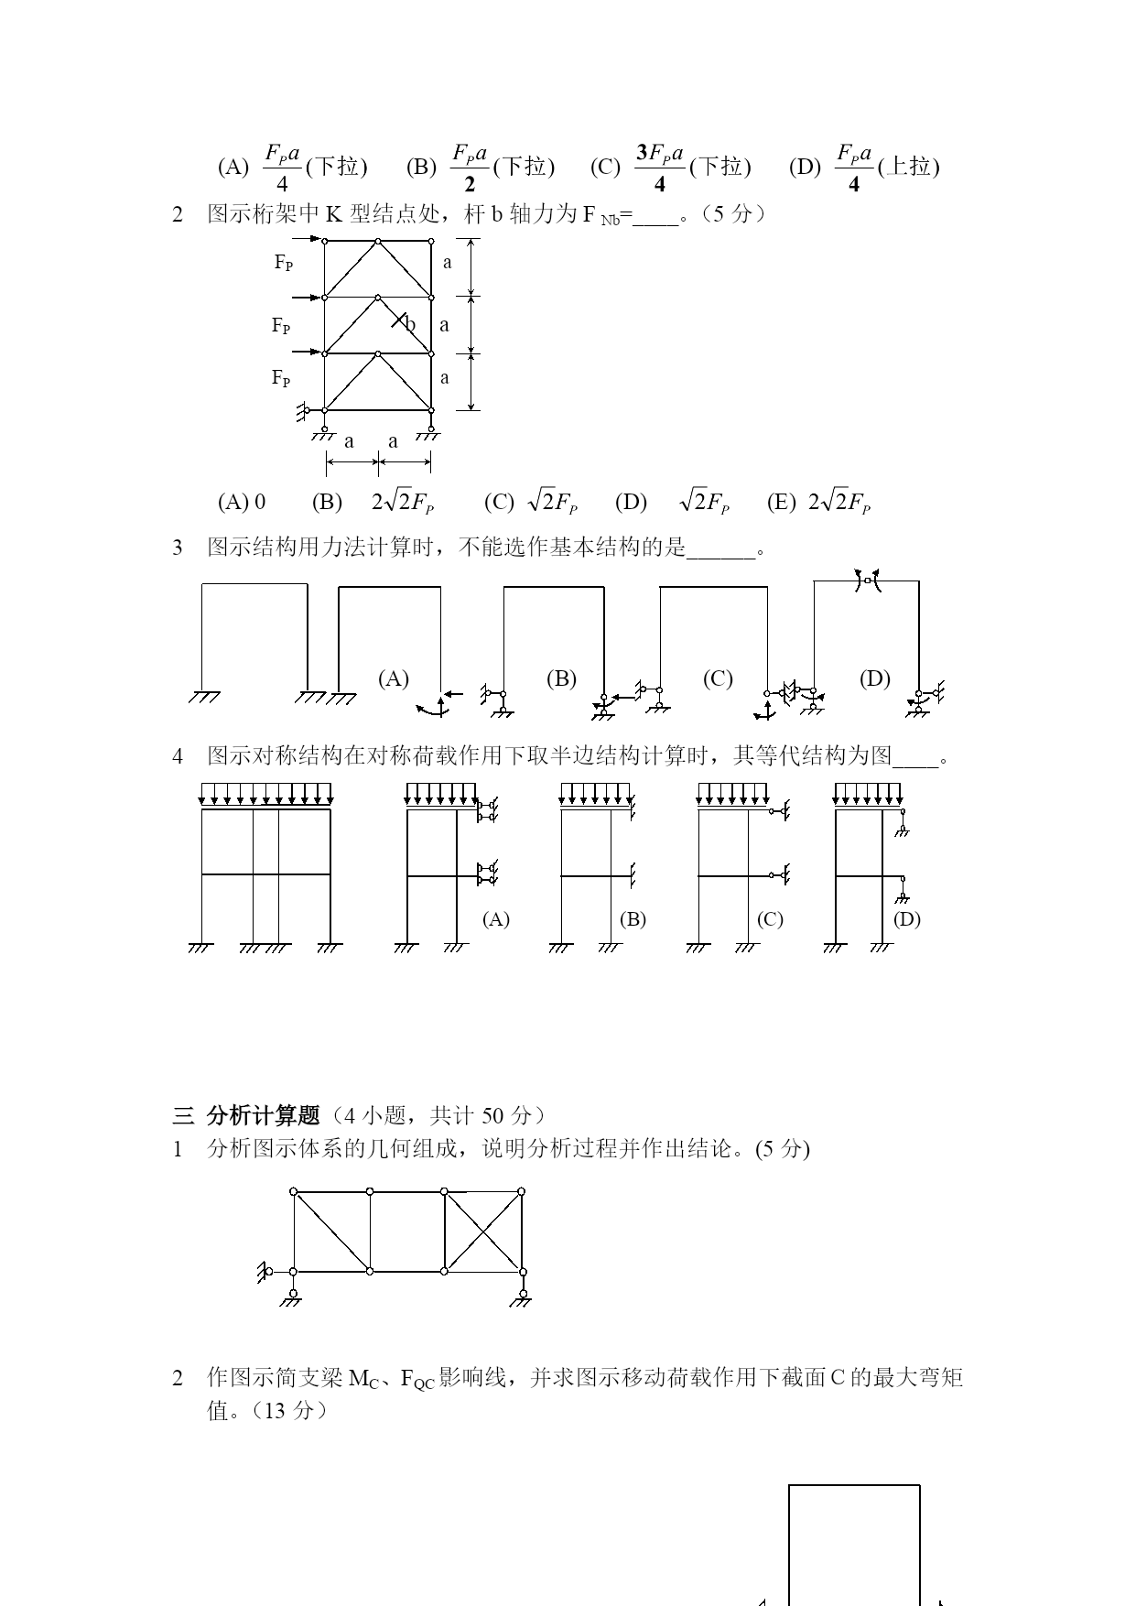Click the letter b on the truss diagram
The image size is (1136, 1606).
[x=411, y=324]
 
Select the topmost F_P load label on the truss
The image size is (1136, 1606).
[x=284, y=263]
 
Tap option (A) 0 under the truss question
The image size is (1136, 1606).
[x=242, y=502]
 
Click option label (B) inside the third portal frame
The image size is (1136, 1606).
[x=561, y=678]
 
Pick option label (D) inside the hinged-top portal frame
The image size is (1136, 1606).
[x=875, y=678]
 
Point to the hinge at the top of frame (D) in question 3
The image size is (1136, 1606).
[x=867, y=581]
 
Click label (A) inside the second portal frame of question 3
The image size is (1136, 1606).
[x=394, y=678]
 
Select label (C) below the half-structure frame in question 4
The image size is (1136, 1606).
[x=770, y=919]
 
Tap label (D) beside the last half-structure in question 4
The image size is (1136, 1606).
[x=907, y=919]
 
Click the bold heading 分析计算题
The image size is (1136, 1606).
[x=264, y=1115]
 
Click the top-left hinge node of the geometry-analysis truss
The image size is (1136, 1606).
[x=294, y=1191]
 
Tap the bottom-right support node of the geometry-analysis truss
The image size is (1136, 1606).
[x=523, y=1272]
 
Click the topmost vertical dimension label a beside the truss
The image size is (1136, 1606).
[x=448, y=263]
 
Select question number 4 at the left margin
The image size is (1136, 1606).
[x=178, y=756]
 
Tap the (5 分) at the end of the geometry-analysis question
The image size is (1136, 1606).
[x=783, y=1148]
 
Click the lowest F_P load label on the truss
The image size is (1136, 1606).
[x=281, y=378]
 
